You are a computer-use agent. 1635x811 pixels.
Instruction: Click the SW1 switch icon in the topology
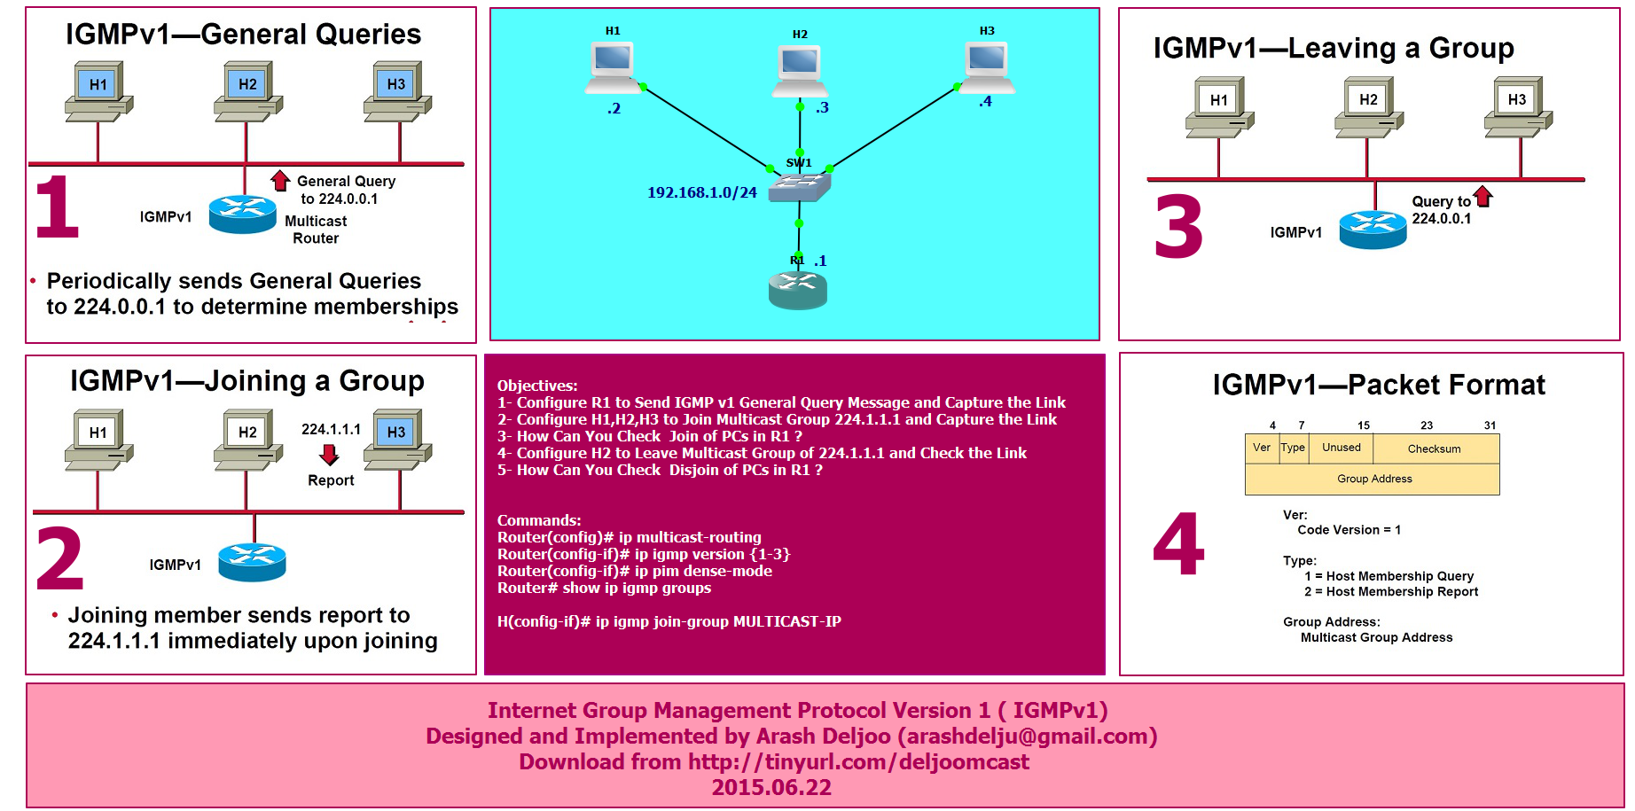[800, 186]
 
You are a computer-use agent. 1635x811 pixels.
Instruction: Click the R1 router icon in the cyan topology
[797, 290]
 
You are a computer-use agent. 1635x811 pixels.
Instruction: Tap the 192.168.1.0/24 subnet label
[701, 192]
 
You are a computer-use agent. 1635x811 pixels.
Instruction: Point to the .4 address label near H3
[985, 102]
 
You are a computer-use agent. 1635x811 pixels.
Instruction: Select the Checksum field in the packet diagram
[1434, 448]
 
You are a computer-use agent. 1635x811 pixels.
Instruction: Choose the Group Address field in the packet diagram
[1373, 479]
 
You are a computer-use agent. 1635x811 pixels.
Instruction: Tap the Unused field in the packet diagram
[1341, 448]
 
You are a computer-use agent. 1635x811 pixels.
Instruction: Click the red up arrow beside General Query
[280, 181]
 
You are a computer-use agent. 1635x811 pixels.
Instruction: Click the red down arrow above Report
[330, 455]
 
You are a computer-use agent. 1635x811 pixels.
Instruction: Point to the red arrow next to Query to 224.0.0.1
[1482, 197]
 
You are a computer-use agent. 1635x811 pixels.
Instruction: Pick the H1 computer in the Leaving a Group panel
[1219, 106]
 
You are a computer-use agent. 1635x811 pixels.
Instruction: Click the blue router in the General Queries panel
[242, 214]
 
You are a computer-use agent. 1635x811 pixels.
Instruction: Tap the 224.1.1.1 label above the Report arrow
[331, 429]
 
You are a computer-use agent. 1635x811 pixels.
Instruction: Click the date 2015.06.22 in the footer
[771, 787]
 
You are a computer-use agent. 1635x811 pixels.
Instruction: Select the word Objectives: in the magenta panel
[537, 386]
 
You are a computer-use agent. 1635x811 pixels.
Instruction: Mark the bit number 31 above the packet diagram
[1490, 425]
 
